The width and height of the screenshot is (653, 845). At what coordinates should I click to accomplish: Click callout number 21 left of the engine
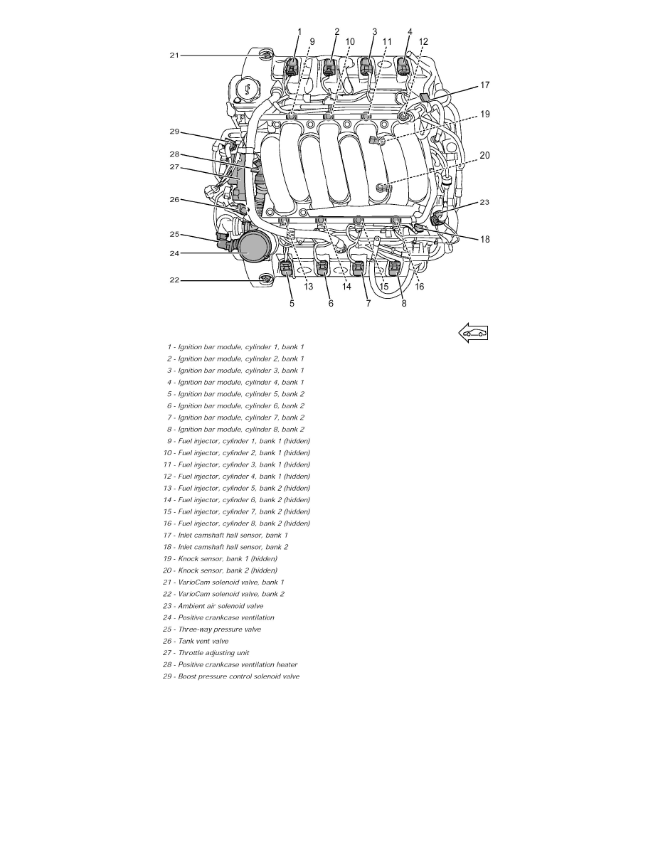tap(174, 55)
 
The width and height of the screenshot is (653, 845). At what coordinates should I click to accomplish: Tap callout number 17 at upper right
tap(484, 85)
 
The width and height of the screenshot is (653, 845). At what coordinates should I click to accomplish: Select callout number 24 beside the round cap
tap(174, 253)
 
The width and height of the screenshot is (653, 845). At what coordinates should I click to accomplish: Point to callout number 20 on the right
tap(484, 155)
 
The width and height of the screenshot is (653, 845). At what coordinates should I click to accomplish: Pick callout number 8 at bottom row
tap(405, 303)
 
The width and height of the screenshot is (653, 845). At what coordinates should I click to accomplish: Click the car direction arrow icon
tap(473, 333)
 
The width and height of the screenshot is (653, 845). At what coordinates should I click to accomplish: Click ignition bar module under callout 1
tap(292, 68)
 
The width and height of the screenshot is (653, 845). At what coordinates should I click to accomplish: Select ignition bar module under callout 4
tap(403, 68)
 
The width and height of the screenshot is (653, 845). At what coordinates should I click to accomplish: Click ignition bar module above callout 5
tap(286, 269)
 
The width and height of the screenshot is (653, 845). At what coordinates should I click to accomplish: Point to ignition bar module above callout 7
tap(359, 269)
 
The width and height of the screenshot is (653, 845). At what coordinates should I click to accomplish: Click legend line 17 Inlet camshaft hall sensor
tap(225, 535)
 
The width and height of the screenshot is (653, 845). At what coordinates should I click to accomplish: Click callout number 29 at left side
tap(174, 132)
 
